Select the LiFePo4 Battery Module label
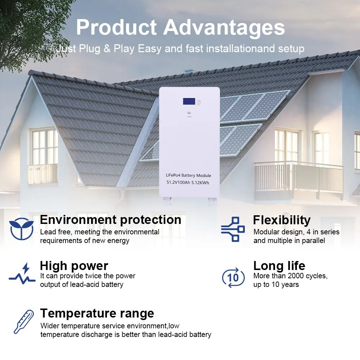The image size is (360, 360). click(188, 175)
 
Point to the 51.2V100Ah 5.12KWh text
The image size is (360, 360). click(188, 183)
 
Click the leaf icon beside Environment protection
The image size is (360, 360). click(22, 229)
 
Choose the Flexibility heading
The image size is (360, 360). click(282, 220)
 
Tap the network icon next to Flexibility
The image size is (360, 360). click(233, 229)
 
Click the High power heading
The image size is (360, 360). click(74, 266)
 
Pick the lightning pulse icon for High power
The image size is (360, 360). click(22, 274)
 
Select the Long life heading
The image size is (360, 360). click(279, 266)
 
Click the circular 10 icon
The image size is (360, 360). click(233, 277)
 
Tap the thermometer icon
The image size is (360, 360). click(23, 321)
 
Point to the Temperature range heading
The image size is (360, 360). click(97, 313)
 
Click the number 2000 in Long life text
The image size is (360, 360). click(294, 276)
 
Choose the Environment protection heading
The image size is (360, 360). click(111, 220)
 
